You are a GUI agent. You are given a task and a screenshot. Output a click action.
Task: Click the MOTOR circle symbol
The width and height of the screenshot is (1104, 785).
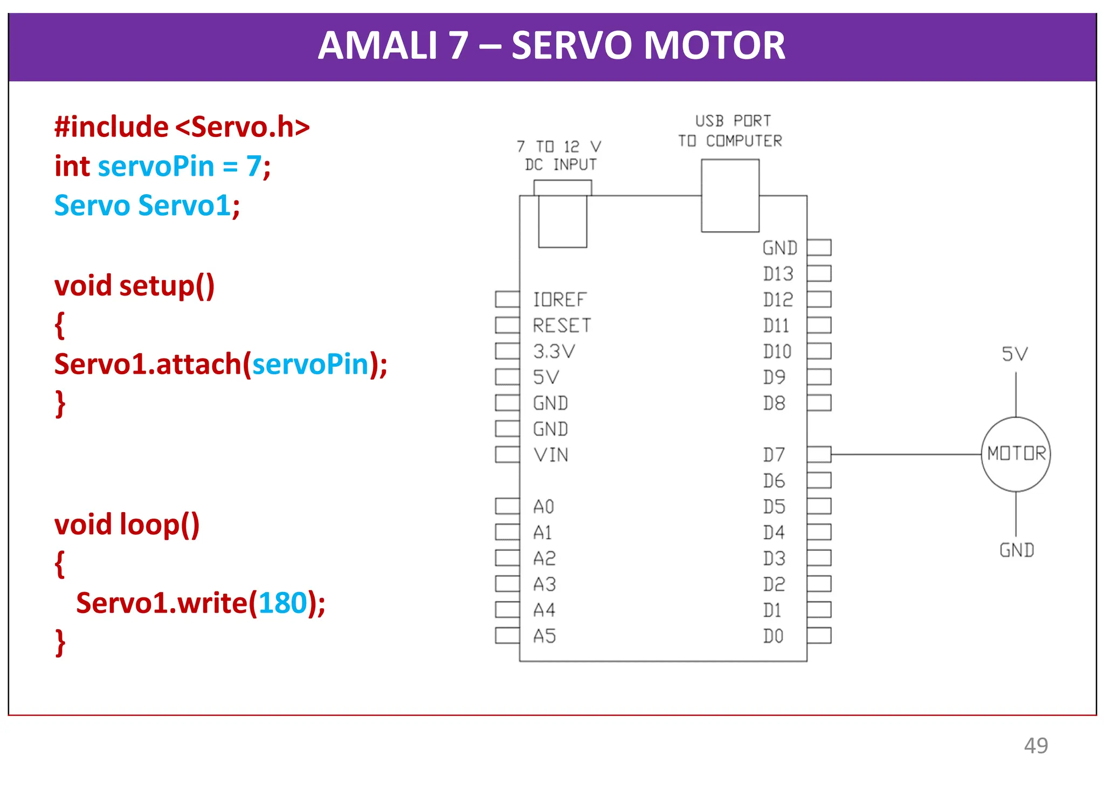coord(1016,454)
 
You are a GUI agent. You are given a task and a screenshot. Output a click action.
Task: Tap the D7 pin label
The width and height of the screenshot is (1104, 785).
coord(774,455)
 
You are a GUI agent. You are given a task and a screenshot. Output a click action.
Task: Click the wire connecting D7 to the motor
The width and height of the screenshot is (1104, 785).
coord(906,455)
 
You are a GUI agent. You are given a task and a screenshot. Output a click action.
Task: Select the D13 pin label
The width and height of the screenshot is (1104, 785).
coord(778,274)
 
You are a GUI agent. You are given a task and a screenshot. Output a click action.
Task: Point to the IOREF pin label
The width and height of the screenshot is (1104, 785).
coord(560,300)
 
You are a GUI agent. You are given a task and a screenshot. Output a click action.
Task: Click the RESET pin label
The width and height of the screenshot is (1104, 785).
coord(562,326)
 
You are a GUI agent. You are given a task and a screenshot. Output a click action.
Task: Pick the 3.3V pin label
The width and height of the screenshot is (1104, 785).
coord(554,352)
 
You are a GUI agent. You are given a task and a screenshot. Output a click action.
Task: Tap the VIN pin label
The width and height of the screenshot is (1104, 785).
coord(551,455)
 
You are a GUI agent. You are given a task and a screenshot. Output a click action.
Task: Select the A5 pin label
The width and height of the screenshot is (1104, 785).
coord(544,636)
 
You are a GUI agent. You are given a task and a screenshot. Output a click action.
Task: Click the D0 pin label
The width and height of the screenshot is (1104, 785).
coord(773,636)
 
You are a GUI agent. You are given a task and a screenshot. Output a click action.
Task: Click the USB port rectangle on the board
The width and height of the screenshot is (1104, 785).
coord(730,196)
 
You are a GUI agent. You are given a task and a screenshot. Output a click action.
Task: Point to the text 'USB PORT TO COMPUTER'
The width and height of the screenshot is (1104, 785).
coord(730,131)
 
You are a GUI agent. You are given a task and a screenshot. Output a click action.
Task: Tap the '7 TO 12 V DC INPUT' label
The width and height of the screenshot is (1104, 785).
coord(560,156)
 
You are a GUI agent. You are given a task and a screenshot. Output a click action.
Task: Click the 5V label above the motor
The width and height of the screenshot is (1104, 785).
coord(1015,354)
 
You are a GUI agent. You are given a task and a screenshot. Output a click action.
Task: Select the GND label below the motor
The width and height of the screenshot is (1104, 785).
coord(1017,550)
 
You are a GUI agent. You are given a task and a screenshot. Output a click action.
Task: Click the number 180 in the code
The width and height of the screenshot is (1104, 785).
coord(282,603)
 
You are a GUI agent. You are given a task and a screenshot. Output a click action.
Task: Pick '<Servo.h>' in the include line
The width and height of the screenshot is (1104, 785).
coord(243,127)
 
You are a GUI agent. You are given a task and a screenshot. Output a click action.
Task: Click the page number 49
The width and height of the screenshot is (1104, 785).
coord(1036,746)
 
